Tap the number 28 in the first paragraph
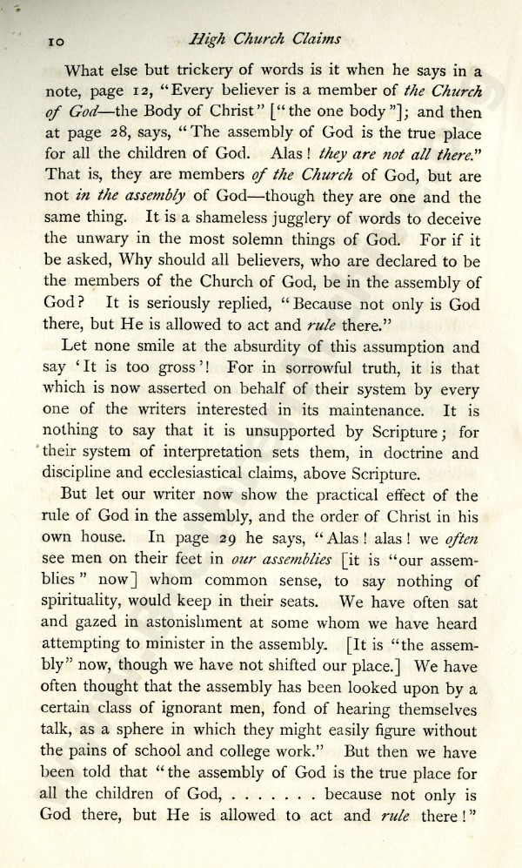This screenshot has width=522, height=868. [108, 139]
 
